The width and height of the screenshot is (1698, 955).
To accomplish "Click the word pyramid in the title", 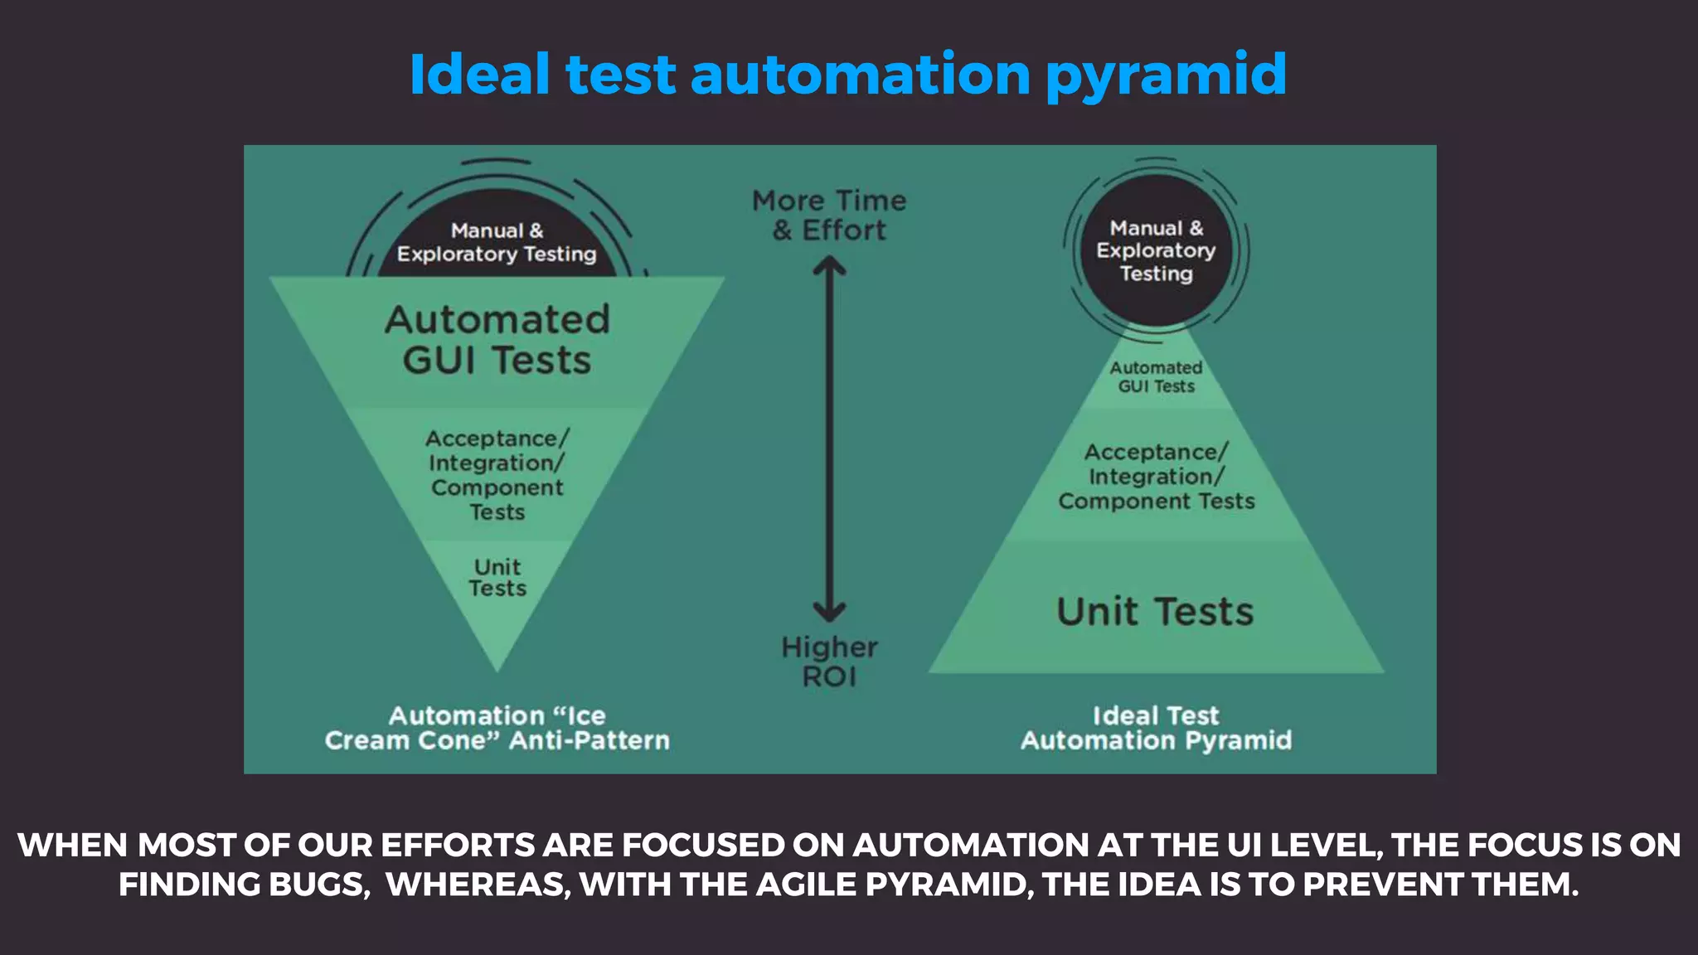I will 1165,75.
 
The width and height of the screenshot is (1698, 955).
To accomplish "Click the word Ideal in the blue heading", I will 479,75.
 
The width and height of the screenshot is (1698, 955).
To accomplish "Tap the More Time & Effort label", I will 829,216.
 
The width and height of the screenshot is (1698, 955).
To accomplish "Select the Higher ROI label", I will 829,662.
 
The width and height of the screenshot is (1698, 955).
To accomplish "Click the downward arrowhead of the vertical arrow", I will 829,612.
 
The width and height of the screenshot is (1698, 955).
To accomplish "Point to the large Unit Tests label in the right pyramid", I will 1155,612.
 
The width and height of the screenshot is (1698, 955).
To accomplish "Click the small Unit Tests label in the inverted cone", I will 497,578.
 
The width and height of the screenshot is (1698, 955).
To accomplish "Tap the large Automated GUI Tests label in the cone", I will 497,340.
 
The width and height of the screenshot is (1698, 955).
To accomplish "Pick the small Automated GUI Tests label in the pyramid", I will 1156,377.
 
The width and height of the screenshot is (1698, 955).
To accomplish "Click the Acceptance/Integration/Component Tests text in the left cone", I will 497,475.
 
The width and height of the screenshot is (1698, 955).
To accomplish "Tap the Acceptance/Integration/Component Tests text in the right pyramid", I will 1156,477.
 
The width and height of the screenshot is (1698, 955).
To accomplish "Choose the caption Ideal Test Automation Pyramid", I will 1156,728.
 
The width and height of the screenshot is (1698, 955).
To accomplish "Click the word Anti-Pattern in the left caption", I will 589,740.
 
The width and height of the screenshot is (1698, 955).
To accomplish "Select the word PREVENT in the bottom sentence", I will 1383,885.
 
